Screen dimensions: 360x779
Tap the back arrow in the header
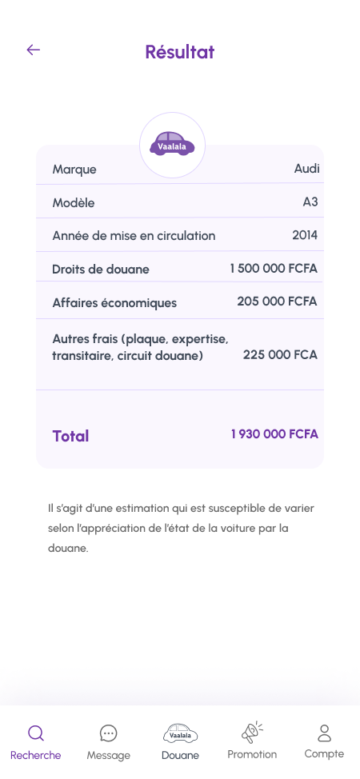click(x=33, y=50)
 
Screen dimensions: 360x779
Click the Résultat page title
click(x=180, y=52)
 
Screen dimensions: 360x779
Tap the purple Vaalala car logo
click(x=172, y=145)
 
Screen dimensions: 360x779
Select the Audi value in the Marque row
click(x=306, y=169)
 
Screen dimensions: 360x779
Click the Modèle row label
click(x=74, y=203)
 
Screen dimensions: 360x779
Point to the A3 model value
click(x=310, y=202)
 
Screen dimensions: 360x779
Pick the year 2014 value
click(x=305, y=235)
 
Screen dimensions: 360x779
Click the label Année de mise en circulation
click(x=134, y=236)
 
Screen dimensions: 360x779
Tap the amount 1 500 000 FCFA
click(x=274, y=269)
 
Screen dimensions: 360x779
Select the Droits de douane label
click(x=101, y=270)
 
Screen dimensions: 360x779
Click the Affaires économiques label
click(x=114, y=303)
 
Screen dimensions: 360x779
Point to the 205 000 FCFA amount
click(x=277, y=302)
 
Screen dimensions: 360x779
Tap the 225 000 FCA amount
click(x=280, y=354)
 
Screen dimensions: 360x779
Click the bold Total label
click(x=70, y=436)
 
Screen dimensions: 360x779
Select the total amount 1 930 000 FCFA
click(x=274, y=434)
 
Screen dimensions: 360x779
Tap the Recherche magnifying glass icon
click(x=36, y=733)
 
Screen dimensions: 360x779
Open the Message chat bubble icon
click(x=109, y=733)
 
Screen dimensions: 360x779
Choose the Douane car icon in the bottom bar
click(x=180, y=733)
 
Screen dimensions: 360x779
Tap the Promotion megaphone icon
click(x=252, y=732)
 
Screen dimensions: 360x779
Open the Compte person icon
click(x=324, y=733)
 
